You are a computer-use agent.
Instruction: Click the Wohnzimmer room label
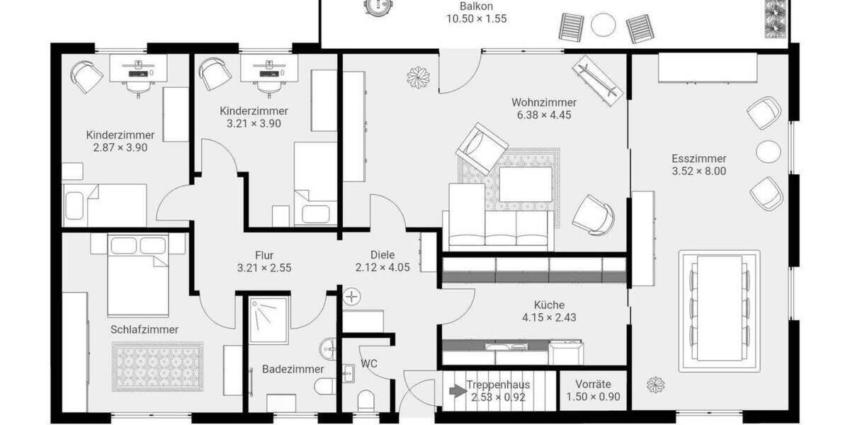tap(544, 102)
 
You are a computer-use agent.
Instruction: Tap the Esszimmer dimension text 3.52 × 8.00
tap(698, 171)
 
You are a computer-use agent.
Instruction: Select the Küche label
tap(549, 305)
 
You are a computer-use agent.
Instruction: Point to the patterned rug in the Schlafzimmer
tap(157, 365)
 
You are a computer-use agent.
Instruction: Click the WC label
tap(369, 364)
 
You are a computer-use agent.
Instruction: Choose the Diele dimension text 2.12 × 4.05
tap(382, 268)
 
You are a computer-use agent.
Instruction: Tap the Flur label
tap(264, 256)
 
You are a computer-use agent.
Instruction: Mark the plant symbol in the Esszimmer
tap(655, 385)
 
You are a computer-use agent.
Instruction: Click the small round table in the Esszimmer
tap(767, 151)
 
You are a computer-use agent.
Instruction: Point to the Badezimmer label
tap(293, 369)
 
